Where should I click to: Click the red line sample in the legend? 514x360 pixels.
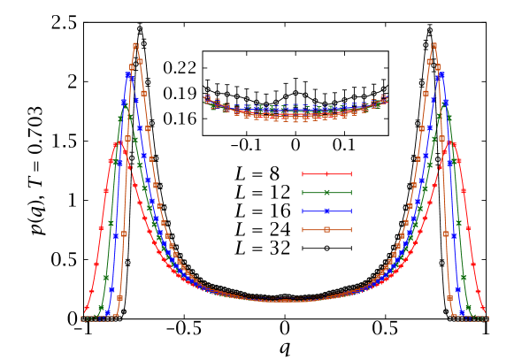pyautogui.click(x=326, y=174)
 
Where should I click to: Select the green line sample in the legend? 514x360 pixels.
pyautogui.click(x=326, y=192)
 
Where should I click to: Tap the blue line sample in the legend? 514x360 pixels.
pyautogui.click(x=326, y=211)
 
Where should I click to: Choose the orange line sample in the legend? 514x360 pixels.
pyautogui.click(x=326, y=229)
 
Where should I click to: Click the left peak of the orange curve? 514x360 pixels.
pyautogui.click(x=135, y=45)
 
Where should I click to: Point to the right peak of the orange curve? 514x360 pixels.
pyautogui.click(x=433, y=45)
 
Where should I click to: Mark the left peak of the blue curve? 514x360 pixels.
pyautogui.click(x=128, y=74)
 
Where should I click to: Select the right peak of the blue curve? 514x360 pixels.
pyautogui.click(x=441, y=74)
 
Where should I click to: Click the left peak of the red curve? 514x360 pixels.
pyautogui.click(x=117, y=144)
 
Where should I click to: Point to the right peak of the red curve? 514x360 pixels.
pyautogui.click(x=451, y=142)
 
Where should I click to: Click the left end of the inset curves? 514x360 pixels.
pyautogui.click(x=207, y=99)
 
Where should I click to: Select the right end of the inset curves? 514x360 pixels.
pyautogui.click(x=384, y=98)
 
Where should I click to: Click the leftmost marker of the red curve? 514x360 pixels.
pyautogui.click(x=86, y=309)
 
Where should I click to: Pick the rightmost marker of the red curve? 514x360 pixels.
pyautogui.click(x=483, y=309)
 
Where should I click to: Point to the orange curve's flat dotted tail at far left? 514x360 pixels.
pyautogui.click(x=97, y=318)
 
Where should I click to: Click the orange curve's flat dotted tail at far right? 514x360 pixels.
pyautogui.click(x=472, y=318)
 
